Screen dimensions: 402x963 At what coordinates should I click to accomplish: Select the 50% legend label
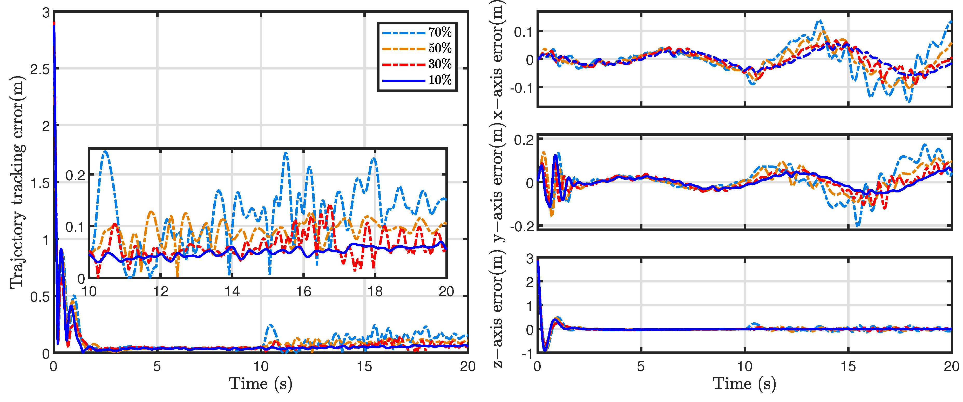[x=440, y=48]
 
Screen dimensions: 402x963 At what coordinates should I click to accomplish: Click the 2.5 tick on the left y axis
[x=40, y=69]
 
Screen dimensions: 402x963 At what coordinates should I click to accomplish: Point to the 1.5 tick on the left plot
[x=40, y=183]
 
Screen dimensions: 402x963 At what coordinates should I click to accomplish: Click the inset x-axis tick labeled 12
[x=161, y=292]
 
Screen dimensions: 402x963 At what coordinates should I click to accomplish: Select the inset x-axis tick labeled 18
[x=375, y=292]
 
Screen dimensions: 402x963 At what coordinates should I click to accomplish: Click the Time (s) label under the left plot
[x=261, y=384]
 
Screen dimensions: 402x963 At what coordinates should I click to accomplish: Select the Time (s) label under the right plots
[x=744, y=384]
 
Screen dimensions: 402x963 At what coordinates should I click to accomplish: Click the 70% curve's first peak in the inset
[x=105, y=152]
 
